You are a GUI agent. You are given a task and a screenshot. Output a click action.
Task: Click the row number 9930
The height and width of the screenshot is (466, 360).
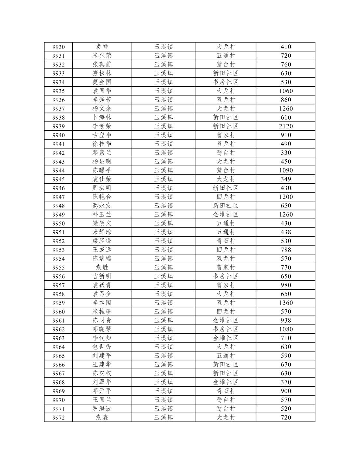coord(58,47)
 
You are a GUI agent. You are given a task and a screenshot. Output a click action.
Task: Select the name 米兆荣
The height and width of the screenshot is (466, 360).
coord(102,56)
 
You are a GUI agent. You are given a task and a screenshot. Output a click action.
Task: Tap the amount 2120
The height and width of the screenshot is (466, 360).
coord(286,126)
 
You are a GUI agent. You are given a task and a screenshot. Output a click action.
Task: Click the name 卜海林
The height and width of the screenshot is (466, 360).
coord(102,117)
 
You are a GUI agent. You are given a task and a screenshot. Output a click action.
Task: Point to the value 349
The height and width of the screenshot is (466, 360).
coord(286,179)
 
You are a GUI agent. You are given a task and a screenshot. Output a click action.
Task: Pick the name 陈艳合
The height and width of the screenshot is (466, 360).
coord(102,197)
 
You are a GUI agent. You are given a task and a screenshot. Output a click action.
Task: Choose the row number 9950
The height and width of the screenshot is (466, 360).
coord(58,224)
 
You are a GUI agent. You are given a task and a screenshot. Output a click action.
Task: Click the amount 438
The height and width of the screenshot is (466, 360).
coord(286,232)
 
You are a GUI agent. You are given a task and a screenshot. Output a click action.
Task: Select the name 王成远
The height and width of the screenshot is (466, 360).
coord(102,250)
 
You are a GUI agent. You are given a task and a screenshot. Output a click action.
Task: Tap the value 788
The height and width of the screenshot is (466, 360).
coord(286,250)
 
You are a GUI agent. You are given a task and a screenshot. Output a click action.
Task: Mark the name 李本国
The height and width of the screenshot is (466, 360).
coord(102,303)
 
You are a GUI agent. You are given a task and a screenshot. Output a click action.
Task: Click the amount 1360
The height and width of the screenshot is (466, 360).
coord(286,303)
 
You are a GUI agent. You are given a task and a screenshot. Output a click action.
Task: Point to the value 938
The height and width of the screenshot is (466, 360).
coord(286,320)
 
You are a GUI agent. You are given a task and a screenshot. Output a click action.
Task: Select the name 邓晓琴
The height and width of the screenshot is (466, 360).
coord(102,329)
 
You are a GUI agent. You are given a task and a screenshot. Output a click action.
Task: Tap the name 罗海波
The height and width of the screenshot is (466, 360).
coord(102,409)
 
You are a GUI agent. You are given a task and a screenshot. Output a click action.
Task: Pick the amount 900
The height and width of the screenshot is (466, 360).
coord(286,391)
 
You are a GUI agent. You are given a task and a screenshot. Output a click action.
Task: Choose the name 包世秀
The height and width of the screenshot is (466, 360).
coord(102,347)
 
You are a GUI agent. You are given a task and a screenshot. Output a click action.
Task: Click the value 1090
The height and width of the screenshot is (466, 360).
coord(286,170)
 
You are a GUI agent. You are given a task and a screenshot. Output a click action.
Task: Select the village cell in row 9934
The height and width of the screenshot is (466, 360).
coord(225,82)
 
